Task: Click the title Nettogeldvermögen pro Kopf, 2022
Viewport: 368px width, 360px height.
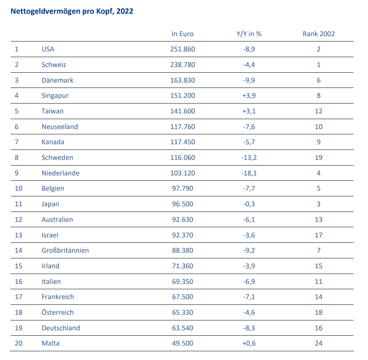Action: (x=72, y=11)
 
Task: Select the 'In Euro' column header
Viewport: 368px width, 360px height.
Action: (x=182, y=34)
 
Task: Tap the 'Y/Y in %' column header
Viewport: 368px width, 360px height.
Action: (x=249, y=34)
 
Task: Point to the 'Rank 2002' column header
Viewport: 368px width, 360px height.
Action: (x=319, y=34)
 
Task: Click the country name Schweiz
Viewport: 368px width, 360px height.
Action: (x=54, y=65)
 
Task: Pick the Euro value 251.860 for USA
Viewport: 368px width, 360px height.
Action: (x=182, y=49)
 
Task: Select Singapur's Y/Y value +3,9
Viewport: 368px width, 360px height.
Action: (x=249, y=96)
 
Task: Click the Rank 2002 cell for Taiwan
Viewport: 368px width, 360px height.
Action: (x=319, y=111)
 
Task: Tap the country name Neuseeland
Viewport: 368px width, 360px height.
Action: (x=60, y=127)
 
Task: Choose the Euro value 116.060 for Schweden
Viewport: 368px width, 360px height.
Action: (x=182, y=158)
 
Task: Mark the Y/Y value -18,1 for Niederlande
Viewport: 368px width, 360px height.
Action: (x=249, y=173)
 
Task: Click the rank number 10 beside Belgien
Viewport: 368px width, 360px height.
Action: (x=19, y=188)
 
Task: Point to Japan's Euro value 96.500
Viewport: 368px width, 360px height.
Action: (x=182, y=204)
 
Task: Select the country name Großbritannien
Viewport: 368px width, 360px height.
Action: (x=65, y=250)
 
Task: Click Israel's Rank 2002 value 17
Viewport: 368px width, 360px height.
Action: (x=319, y=235)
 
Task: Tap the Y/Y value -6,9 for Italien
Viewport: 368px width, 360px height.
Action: (x=249, y=282)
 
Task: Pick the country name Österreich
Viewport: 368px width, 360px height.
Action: (x=58, y=312)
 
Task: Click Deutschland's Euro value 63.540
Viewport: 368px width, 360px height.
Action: (x=182, y=328)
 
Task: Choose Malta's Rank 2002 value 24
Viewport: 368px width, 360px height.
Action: (x=319, y=343)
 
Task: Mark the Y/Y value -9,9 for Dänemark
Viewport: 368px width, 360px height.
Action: (x=249, y=80)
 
